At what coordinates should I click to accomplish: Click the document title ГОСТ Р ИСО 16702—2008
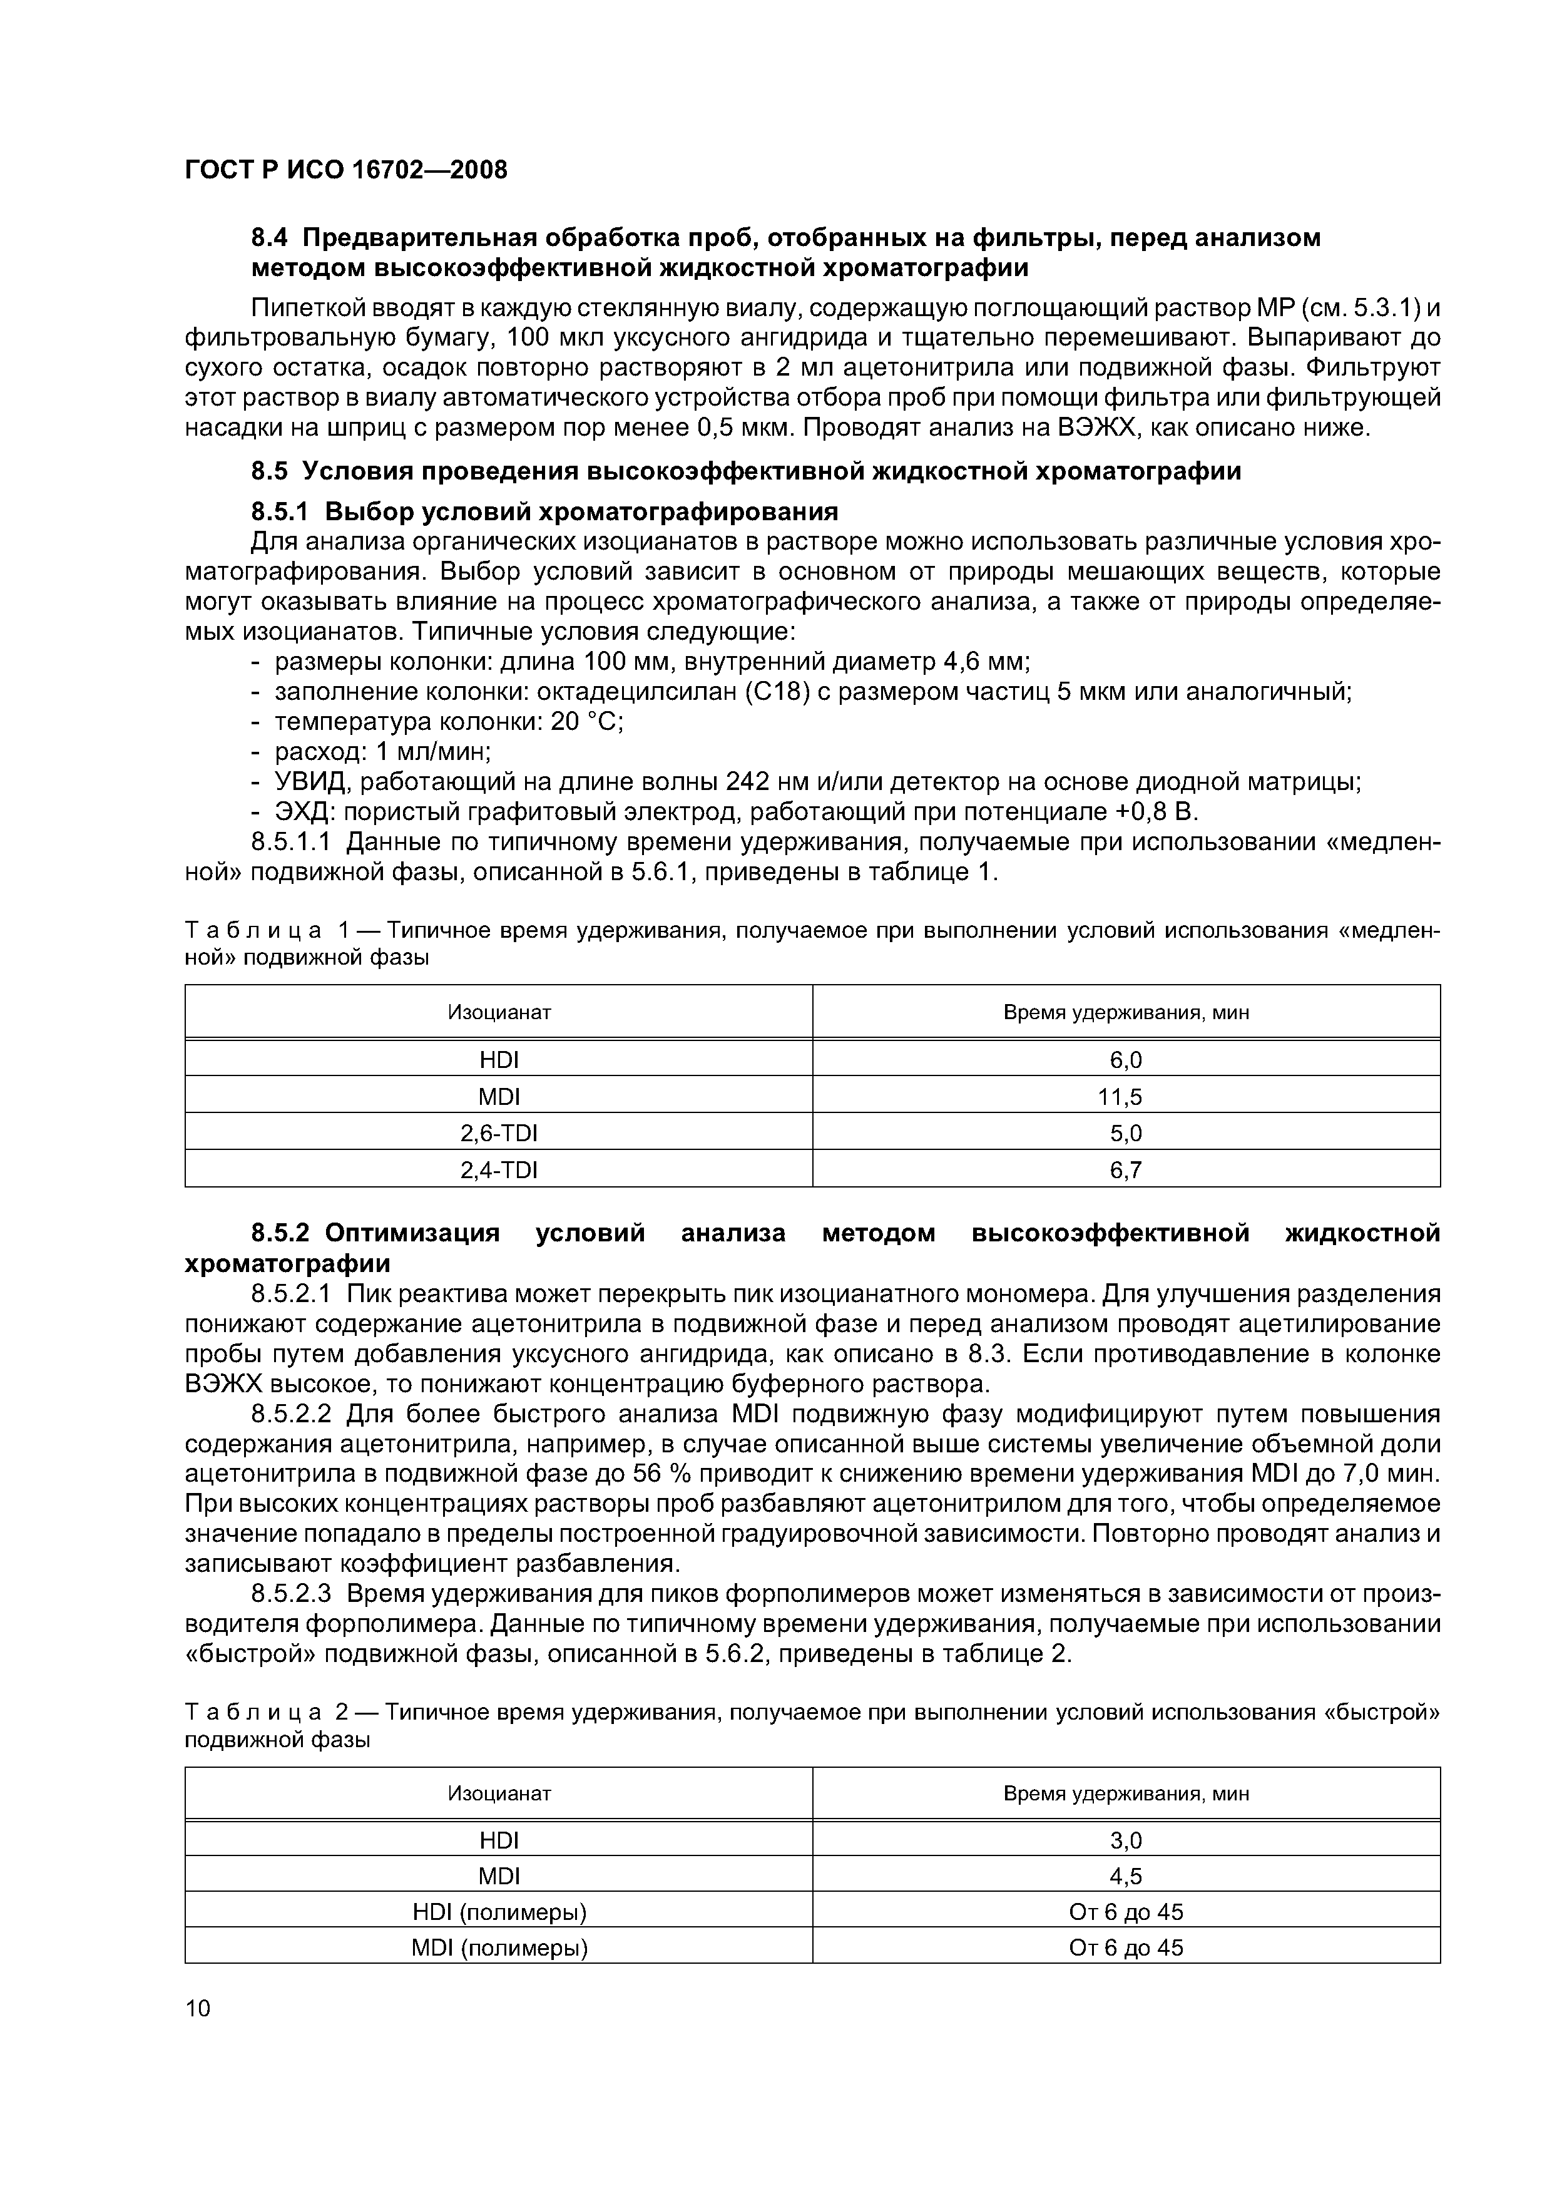pyautogui.click(x=345, y=170)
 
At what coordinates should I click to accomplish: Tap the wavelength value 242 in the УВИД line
pyautogui.click(x=748, y=782)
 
